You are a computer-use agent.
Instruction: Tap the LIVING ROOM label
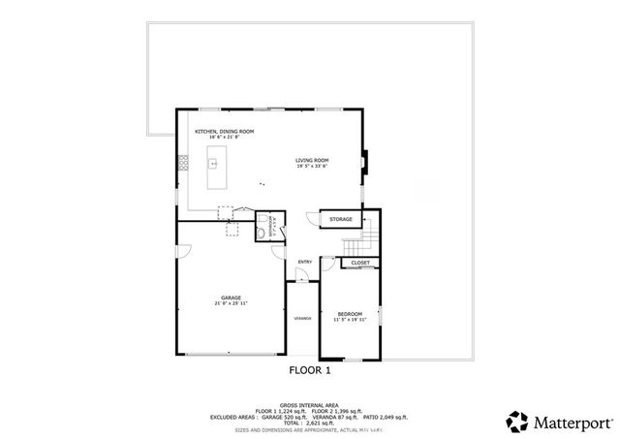coord(313,160)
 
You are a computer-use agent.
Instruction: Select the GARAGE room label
coord(231,298)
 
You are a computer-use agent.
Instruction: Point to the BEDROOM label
coord(350,313)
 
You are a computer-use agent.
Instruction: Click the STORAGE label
coord(341,219)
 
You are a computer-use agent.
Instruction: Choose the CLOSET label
coord(360,263)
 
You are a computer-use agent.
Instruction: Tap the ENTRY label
coord(304,262)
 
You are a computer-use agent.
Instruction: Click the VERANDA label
coord(302,318)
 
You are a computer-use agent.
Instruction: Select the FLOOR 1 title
coord(310,370)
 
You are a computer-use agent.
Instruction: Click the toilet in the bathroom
coord(263,232)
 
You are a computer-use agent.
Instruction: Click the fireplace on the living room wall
coord(365,162)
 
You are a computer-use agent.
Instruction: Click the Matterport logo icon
coord(516,421)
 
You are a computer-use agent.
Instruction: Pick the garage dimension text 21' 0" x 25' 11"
coord(231,304)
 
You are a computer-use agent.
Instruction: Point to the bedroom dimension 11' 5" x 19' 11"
coord(350,320)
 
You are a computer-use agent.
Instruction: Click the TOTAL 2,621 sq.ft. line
coord(309,423)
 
